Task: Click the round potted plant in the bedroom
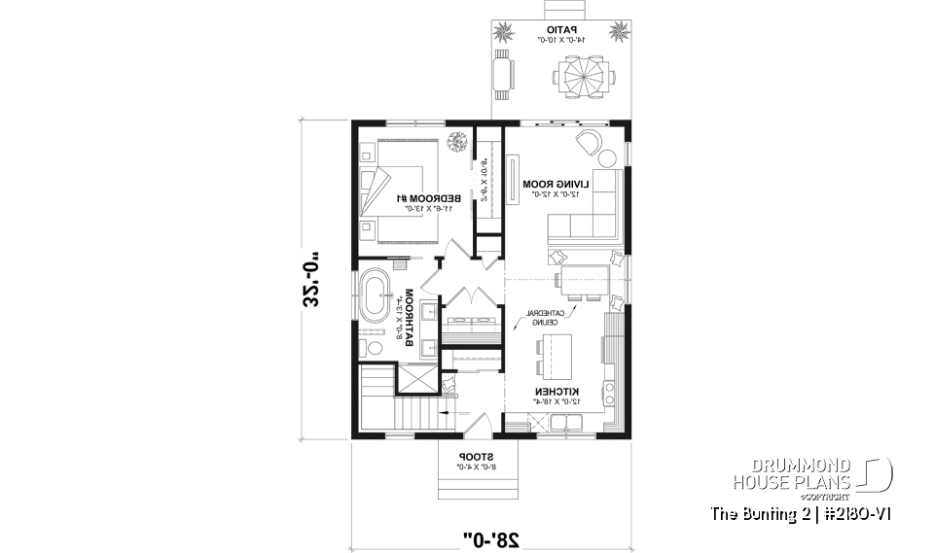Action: pos(456,144)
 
